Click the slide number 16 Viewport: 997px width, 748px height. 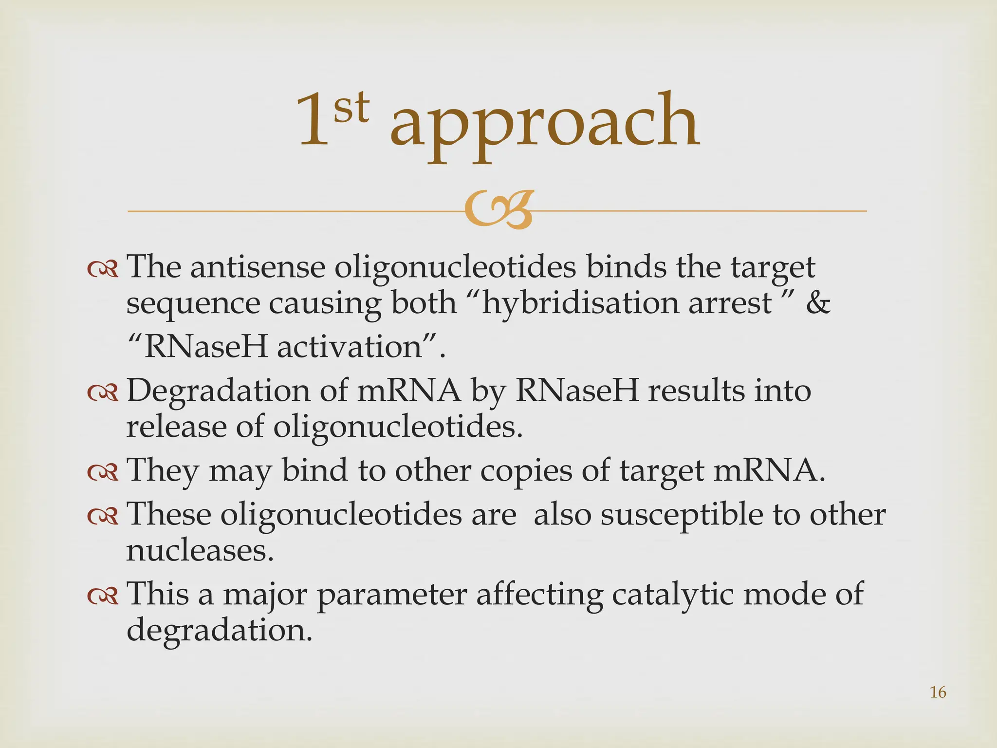point(938,692)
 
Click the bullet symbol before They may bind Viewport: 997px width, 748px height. point(103,471)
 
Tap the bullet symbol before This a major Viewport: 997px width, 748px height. point(103,595)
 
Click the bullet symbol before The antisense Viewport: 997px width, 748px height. point(103,268)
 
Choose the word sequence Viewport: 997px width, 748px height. point(193,304)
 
